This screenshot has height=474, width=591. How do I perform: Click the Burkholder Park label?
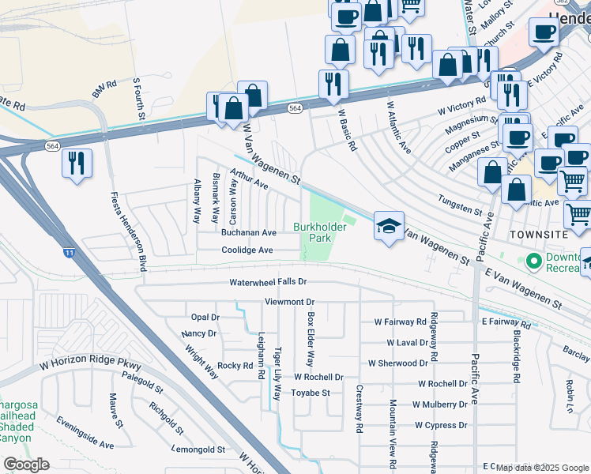(321, 231)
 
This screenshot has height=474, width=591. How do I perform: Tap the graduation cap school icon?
(388, 227)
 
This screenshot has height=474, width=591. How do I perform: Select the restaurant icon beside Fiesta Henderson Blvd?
(77, 164)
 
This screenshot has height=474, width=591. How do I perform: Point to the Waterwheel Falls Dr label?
(268, 282)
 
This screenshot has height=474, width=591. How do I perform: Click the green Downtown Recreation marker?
(534, 259)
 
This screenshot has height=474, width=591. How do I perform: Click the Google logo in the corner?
(26, 465)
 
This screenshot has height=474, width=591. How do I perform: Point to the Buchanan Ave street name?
(248, 233)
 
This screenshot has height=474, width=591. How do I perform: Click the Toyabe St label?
(310, 393)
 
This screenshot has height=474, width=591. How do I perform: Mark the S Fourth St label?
(140, 97)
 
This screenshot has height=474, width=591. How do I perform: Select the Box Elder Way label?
(311, 338)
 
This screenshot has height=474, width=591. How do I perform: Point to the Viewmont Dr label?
(289, 302)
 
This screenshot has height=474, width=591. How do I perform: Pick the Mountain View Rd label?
(392, 431)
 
